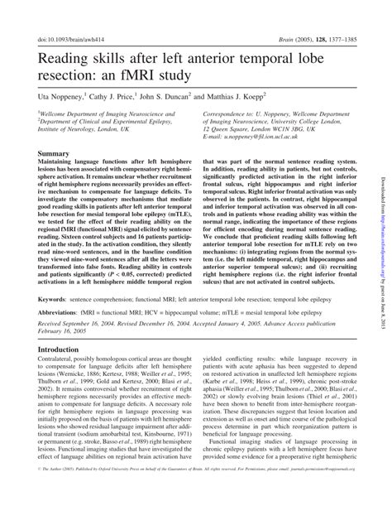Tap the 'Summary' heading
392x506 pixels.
point(55,154)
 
